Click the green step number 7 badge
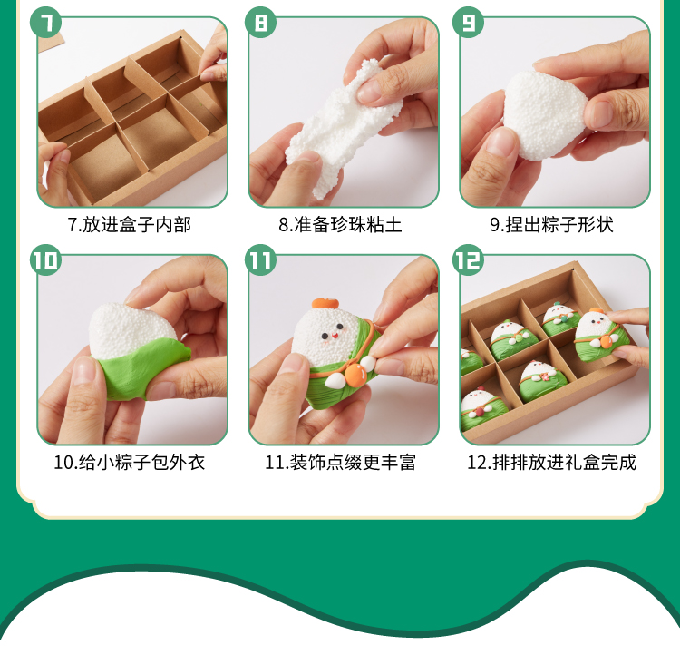tap(45, 22)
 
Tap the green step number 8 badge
tap(260, 22)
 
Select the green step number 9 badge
tap(469, 22)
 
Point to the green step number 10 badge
tap(45, 259)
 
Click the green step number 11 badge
tap(260, 259)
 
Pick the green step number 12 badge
tap(469, 259)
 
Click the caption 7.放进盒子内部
tap(130, 225)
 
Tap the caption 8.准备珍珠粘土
tap(340, 225)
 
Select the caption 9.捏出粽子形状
tap(551, 225)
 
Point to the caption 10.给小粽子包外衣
tap(130, 463)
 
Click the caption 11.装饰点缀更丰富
tap(340, 463)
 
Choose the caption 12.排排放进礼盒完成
tap(551, 463)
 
